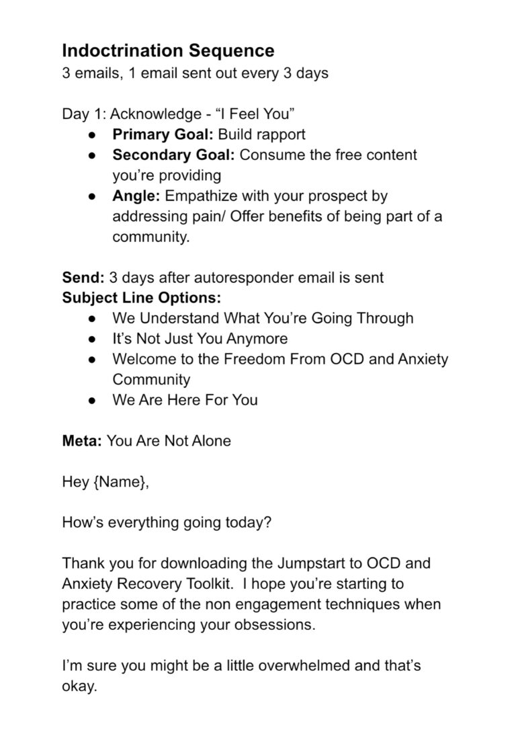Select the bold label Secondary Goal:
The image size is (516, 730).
[x=173, y=155]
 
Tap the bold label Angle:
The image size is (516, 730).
[x=136, y=196]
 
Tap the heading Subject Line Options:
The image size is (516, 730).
[x=142, y=298]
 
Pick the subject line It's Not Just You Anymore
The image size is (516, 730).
[x=200, y=338]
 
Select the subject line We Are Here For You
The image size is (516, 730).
[x=185, y=400]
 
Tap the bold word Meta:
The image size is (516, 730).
[x=81, y=442]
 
